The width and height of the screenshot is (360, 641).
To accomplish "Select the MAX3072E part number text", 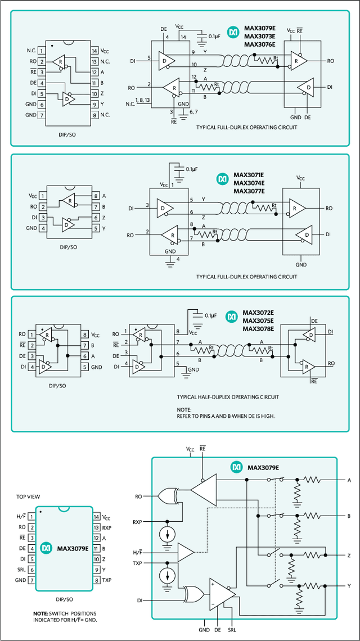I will tap(258, 313).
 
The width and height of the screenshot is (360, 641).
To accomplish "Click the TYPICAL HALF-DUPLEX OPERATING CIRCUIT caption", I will tap(227, 397).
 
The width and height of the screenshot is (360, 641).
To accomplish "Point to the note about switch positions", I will tap(64, 616).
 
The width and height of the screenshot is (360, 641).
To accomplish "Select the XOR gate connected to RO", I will tap(169, 496).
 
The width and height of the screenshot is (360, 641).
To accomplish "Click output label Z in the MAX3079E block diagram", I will tap(349, 555).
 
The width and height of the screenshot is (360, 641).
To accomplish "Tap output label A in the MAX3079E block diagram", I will tap(349, 480).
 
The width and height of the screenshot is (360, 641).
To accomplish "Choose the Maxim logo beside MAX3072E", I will tap(231, 318).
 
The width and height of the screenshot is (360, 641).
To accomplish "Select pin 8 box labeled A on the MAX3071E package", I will tap(96, 196).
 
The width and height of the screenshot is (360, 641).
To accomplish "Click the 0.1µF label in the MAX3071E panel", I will tap(192, 169).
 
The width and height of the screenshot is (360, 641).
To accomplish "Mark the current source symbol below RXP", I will tap(167, 532).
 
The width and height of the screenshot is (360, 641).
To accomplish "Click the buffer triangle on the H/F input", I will tap(186, 552).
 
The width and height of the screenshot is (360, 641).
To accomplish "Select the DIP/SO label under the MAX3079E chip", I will tap(64, 599).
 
